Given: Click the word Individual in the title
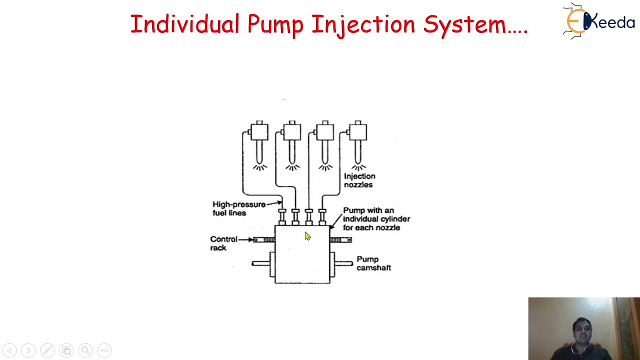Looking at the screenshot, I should click(184, 24).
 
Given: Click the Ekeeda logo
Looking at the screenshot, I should click(599, 21).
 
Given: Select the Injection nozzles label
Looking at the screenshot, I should click(359, 180).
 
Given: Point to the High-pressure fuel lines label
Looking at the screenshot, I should click(238, 208).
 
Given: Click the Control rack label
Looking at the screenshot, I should click(223, 243).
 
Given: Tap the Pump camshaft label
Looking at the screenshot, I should click(373, 263).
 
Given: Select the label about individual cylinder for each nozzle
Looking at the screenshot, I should click(376, 219).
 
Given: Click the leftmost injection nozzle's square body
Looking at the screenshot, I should click(259, 132).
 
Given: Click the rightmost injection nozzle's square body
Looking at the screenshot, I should click(357, 132).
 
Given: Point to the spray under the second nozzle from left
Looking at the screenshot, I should click(292, 166).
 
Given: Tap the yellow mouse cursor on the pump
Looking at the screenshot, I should click(307, 236).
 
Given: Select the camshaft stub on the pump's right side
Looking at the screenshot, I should click(343, 263).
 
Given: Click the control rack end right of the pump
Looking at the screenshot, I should click(341, 240).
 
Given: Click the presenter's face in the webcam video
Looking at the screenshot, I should click(582, 329).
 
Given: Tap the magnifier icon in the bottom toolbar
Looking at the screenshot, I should click(85, 350).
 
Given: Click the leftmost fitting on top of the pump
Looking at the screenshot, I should click(282, 216).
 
